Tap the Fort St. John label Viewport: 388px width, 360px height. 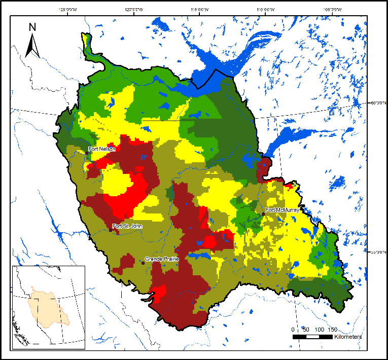click(x=125, y=226)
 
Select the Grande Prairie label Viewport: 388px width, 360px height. click(x=162, y=259)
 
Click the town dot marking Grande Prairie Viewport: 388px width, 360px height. click(x=144, y=263)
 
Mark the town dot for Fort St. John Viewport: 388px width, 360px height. click(x=111, y=230)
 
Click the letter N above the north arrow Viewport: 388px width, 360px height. click(x=32, y=27)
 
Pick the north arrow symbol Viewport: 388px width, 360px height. click(x=32, y=45)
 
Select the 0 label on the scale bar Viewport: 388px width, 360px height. click(x=294, y=330)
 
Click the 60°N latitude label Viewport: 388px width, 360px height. click(x=376, y=103)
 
